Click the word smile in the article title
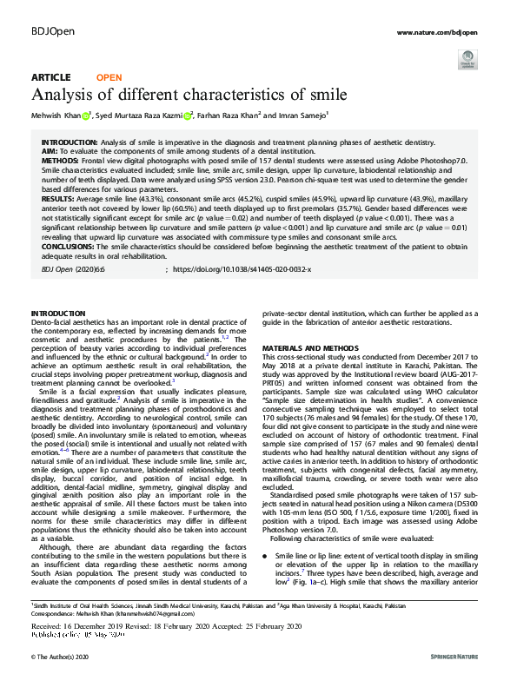click(326, 94)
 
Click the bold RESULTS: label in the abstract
click(59, 199)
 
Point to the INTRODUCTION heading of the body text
click(58, 312)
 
